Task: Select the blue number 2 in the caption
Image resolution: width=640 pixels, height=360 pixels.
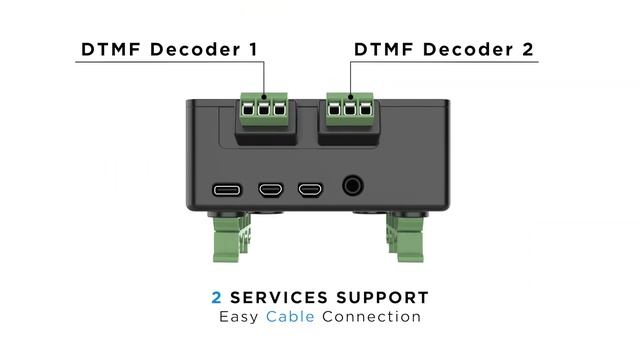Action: (216, 298)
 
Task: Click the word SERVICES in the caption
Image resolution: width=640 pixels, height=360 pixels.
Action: (278, 298)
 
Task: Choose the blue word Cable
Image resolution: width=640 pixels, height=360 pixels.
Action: (289, 317)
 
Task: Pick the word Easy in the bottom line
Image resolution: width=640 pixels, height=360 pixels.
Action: (240, 317)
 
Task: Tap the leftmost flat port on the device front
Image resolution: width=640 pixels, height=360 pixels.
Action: (225, 187)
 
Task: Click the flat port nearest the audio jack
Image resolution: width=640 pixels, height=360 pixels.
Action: (310, 187)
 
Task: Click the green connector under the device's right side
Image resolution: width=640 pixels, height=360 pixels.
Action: (404, 240)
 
